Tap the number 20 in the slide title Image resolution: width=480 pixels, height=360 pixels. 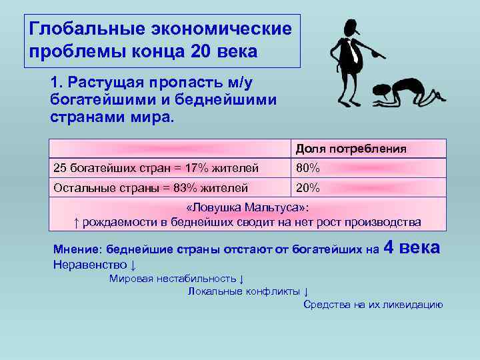coord(202,51)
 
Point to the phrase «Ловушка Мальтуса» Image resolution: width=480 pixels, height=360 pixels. coord(247,207)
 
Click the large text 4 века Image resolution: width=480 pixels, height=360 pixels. coord(413,248)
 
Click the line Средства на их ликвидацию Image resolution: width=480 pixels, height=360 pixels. coord(373,305)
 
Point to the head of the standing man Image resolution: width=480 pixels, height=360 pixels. coord(350,29)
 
